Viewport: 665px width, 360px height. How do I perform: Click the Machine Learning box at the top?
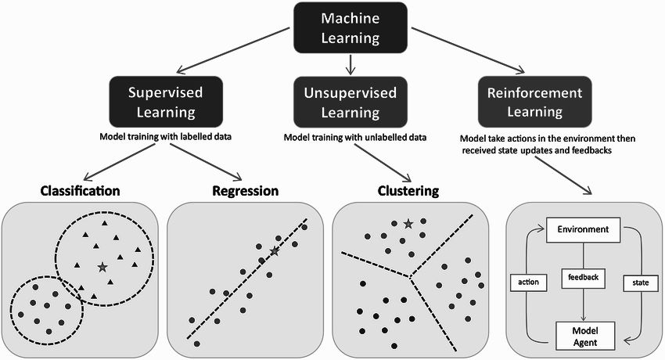pyautogui.click(x=350, y=28)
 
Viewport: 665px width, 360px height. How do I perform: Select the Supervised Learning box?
pyautogui.click(x=166, y=102)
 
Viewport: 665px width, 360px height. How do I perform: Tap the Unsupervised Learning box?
pyautogui.click(x=350, y=102)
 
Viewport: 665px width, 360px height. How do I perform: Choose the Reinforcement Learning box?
pyautogui.click(x=535, y=102)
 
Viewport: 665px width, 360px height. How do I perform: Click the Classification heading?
pyautogui.click(x=80, y=191)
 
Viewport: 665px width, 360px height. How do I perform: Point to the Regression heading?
pyautogui.click(x=246, y=191)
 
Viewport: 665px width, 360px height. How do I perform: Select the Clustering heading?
pyautogui.click(x=408, y=191)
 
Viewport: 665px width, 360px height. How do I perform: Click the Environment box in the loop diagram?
pyautogui.click(x=583, y=230)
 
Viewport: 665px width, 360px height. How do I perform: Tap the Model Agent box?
pyautogui.click(x=585, y=337)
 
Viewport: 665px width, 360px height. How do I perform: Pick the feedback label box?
pyautogui.click(x=583, y=277)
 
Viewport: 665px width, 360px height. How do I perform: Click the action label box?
pyautogui.click(x=528, y=282)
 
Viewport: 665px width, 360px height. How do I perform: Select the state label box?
pyautogui.click(x=641, y=283)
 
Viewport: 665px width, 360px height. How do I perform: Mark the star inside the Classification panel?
pyautogui.click(x=102, y=267)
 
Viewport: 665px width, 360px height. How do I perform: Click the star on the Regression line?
pyautogui.click(x=275, y=251)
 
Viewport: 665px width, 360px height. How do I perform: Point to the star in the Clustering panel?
pyautogui.click(x=408, y=224)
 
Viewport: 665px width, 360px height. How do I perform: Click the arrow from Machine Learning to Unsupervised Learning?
pyautogui.click(x=350, y=65)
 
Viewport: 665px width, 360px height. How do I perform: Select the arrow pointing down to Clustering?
pyautogui.click(x=383, y=163)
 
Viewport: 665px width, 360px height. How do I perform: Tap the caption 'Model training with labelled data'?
pyautogui.click(x=165, y=136)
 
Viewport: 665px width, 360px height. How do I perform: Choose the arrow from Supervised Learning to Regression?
pyautogui.click(x=206, y=162)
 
